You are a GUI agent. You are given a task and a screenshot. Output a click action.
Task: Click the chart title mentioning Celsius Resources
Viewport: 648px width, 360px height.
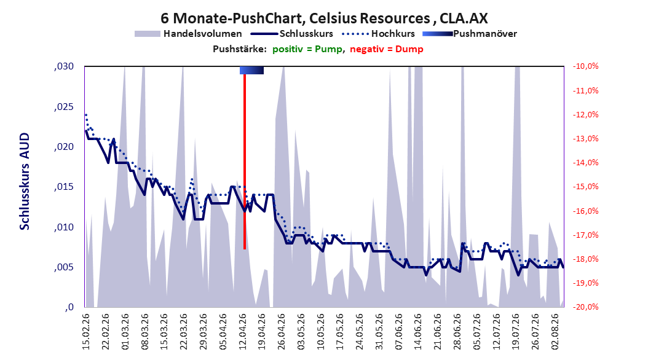click(x=324, y=18)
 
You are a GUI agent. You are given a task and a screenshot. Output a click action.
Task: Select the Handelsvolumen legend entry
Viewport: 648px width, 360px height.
click(x=188, y=34)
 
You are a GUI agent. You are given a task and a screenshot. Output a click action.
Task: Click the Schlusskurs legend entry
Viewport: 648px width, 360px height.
click(x=292, y=34)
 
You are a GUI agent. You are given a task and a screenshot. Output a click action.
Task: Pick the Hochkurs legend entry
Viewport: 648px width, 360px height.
click(x=379, y=34)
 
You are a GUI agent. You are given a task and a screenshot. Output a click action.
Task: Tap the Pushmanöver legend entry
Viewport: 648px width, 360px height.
click(x=470, y=34)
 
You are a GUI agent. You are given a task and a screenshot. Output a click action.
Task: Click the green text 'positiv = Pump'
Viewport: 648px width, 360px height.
click(x=307, y=49)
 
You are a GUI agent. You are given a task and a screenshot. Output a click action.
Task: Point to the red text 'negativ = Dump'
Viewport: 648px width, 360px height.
click(x=387, y=49)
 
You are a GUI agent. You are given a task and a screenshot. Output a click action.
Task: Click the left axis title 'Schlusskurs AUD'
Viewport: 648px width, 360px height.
click(x=25, y=181)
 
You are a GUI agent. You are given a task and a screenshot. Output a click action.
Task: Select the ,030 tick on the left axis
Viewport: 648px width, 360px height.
click(x=64, y=66)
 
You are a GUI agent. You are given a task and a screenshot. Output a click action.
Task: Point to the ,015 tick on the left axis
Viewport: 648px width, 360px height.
click(x=64, y=187)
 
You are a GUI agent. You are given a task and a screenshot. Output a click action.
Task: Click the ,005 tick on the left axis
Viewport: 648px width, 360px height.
click(x=64, y=267)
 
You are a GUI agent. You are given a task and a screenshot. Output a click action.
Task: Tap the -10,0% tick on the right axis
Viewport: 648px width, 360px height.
click(x=585, y=66)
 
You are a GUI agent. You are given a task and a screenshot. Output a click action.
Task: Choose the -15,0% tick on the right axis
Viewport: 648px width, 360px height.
click(x=585, y=187)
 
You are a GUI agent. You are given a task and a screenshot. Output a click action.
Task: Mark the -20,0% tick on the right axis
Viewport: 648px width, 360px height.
click(x=585, y=307)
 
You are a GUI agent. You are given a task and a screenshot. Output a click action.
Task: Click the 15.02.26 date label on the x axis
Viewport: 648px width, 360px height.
click(x=86, y=332)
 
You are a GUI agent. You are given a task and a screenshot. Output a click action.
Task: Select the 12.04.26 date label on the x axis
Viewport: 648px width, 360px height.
click(x=243, y=332)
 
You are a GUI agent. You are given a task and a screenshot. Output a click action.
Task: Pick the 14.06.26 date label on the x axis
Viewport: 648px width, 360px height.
click(x=419, y=332)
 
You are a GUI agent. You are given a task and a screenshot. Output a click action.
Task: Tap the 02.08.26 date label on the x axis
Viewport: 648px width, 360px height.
click(x=556, y=332)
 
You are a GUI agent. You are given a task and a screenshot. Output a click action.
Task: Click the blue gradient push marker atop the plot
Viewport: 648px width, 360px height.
click(x=251, y=70)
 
